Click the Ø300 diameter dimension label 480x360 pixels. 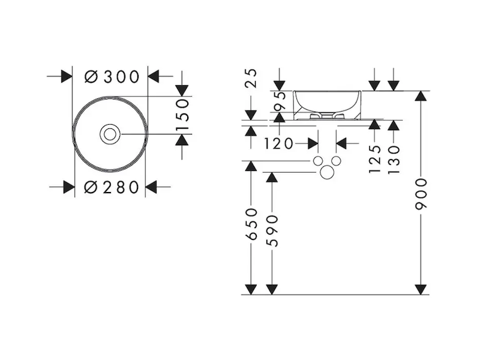tap(112, 77)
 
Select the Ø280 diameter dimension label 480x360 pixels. tap(111, 187)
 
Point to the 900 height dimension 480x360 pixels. tap(421, 194)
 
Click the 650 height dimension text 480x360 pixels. tap(251, 224)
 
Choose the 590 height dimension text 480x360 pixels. tap(272, 227)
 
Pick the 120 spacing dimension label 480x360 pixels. tap(278, 143)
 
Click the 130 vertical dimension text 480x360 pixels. tap(394, 160)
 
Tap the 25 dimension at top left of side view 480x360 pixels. tap(251, 79)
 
